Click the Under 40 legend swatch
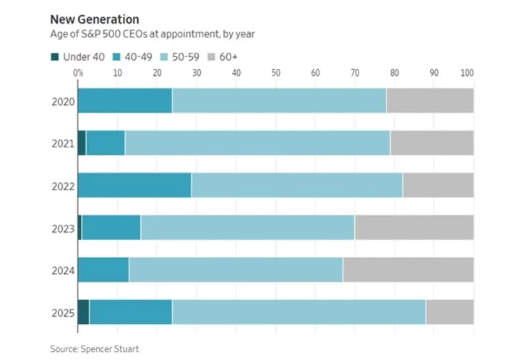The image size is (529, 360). point(54,56)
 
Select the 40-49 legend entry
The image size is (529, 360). point(132,56)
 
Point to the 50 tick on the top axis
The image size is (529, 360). point(276,73)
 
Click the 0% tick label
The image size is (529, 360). point(78,73)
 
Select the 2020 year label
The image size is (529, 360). point(63,101)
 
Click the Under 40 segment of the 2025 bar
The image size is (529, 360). point(84,311)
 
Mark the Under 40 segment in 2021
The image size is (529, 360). point(82,143)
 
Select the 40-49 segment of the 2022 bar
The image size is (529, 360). point(134,185)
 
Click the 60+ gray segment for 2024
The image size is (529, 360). point(408,269)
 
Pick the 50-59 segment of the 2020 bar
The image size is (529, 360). point(279,101)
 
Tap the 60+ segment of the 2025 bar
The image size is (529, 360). point(450,311)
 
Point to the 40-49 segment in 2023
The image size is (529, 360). point(111,227)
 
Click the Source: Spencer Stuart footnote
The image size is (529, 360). point(95,348)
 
